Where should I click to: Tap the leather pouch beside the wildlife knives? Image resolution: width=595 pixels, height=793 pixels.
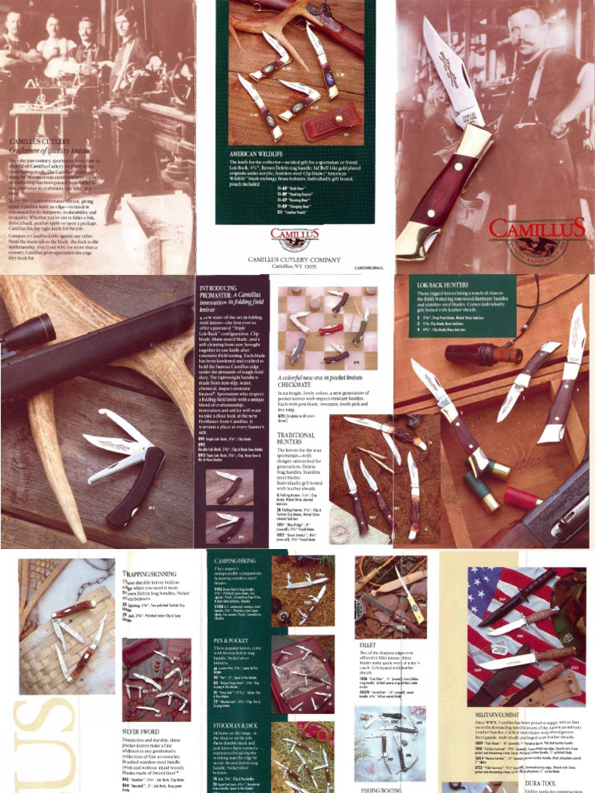point(331,122)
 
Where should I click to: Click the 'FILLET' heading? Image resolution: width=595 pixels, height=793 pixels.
point(368,644)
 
